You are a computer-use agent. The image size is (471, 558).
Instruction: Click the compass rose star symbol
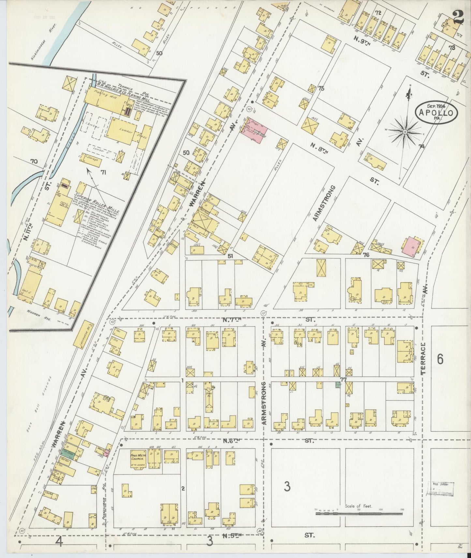point(405,132)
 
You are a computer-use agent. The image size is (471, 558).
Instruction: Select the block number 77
point(342,379)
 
